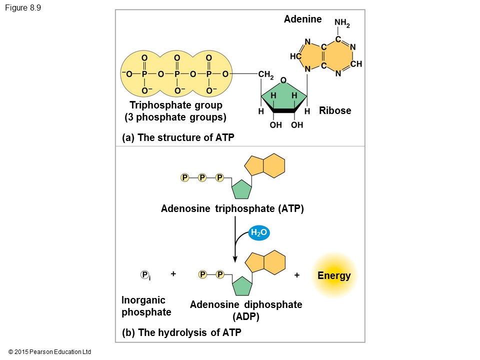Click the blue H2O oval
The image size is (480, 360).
coord(259,232)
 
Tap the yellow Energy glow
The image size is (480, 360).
coord(334,275)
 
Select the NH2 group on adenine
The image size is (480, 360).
coord(342,23)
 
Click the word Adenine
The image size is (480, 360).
coord(303,19)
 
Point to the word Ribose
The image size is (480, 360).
coord(335,110)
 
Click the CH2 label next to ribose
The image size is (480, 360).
coord(265,75)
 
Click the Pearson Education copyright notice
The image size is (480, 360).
coord(50,352)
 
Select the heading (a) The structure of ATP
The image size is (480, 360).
coord(178,137)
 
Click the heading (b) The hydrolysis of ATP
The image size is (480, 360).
coord(182,332)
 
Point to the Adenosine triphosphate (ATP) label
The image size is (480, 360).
coord(232,208)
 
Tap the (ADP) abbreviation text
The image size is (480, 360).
coord(246,316)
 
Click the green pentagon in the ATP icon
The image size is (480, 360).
coord(241,189)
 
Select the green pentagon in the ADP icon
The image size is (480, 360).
coord(241,285)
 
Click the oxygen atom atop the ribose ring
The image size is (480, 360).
coord(283,80)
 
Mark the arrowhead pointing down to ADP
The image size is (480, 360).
coord(235,258)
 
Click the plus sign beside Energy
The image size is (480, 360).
coord(297,275)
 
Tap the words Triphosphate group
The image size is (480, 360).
coord(176,105)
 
